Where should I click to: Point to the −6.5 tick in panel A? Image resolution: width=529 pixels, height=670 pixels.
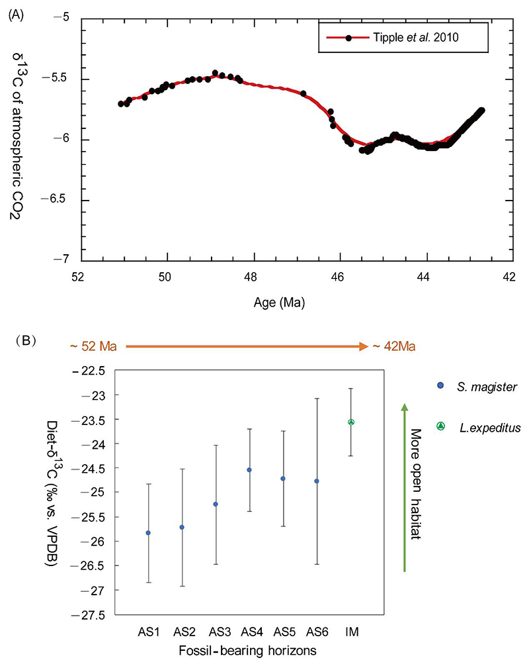pos(63,200)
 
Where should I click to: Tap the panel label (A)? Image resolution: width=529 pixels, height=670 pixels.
pos(19,14)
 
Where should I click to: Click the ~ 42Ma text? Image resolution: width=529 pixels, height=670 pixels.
pos(393,346)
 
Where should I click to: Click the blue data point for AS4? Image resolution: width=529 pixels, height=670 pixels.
pos(249,470)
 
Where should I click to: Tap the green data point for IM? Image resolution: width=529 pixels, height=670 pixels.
pos(351,422)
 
